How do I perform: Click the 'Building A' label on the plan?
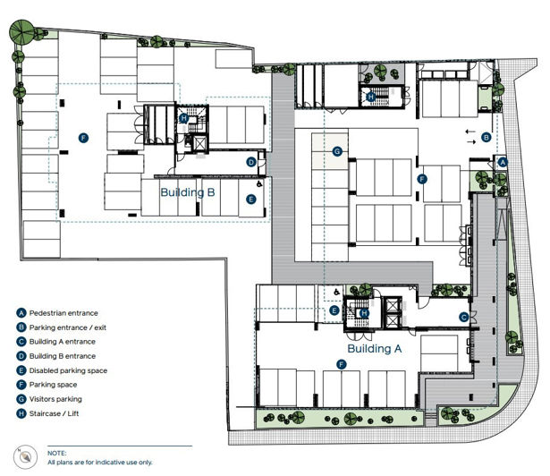click(373, 349)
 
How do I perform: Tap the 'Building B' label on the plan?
click(187, 192)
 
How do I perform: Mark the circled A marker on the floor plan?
click(503, 162)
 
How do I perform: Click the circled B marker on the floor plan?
click(487, 137)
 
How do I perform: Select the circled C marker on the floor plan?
click(464, 317)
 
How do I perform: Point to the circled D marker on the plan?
click(251, 162)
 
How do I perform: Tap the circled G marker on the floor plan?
click(337, 151)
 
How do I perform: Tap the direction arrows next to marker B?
click(470, 136)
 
